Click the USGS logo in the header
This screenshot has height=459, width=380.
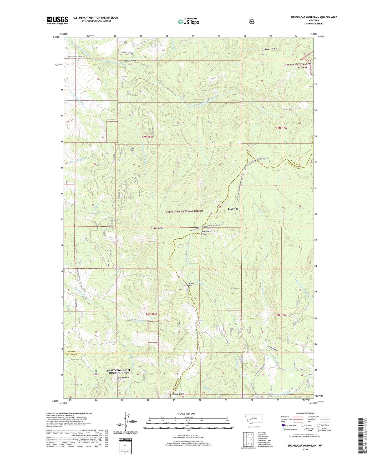(x=57, y=20)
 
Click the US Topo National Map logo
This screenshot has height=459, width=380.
(x=188, y=21)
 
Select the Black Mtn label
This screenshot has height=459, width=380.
(x=159, y=228)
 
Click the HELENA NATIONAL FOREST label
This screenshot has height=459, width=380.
(x=296, y=66)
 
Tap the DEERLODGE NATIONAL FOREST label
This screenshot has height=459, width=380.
(x=184, y=211)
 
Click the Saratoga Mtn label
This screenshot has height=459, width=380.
(x=123, y=378)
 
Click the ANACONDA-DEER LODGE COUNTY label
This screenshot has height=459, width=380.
(x=118, y=371)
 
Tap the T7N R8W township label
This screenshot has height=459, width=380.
(x=147, y=137)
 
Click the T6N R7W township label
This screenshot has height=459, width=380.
(x=281, y=315)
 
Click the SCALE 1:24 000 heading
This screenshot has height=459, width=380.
(x=186, y=414)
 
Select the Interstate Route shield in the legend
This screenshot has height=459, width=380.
(x=283, y=425)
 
